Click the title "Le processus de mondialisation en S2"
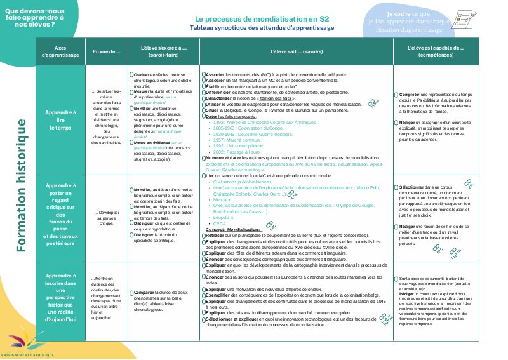point(262,19)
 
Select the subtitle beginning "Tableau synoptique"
point(262,29)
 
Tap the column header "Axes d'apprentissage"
point(60,51)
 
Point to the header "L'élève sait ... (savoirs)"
point(296,51)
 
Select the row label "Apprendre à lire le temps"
point(60,120)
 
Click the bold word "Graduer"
point(142,75)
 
